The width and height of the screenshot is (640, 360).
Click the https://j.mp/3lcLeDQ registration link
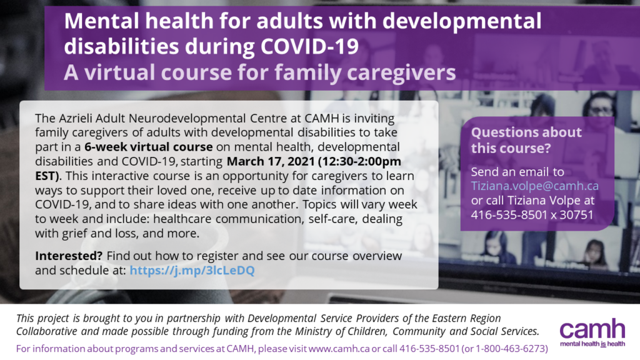click(x=192, y=270)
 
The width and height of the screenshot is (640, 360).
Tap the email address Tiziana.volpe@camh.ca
click(x=535, y=186)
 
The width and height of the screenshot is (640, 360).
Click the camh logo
click(x=592, y=329)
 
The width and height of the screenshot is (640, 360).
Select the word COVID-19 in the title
click(x=310, y=46)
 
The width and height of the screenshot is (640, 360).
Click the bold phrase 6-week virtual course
click(x=149, y=147)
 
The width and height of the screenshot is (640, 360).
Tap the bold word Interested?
click(x=69, y=256)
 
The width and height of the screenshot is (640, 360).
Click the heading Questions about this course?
click(x=526, y=140)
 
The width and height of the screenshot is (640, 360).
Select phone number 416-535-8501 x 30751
click(x=532, y=215)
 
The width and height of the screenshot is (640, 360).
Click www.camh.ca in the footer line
click(x=339, y=349)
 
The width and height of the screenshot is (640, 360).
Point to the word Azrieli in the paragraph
click(x=76, y=118)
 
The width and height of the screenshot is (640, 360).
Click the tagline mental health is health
click(x=592, y=344)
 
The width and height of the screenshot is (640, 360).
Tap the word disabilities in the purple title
click(x=121, y=46)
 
